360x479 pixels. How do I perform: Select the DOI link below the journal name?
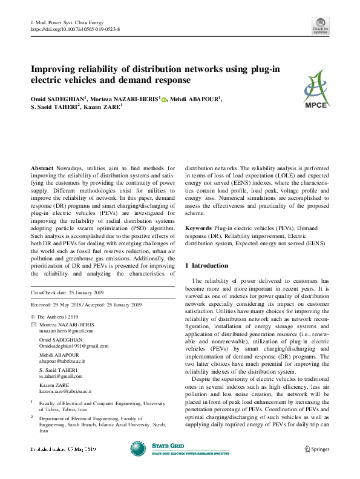[74, 29]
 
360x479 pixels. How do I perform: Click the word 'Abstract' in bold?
[43, 167]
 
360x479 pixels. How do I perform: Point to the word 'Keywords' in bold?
[198, 228]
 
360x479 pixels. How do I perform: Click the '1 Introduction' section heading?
[206, 265]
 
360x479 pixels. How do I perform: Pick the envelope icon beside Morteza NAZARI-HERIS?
[33, 325]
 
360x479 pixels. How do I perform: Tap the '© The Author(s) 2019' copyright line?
[56, 317]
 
